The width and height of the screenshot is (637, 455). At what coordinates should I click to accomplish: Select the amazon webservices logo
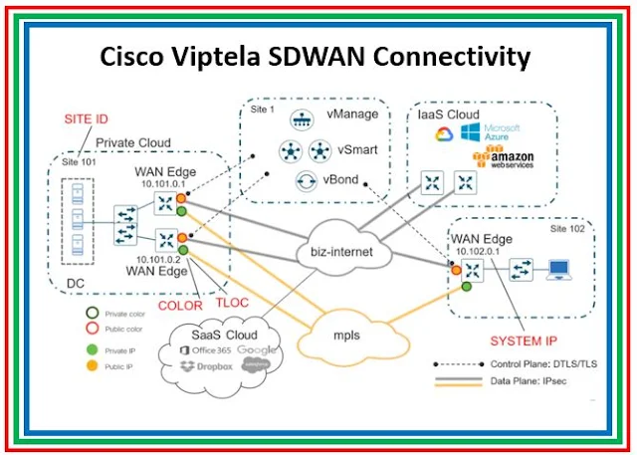coord(509,161)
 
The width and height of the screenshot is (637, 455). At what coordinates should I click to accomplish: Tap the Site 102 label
coord(571,228)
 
